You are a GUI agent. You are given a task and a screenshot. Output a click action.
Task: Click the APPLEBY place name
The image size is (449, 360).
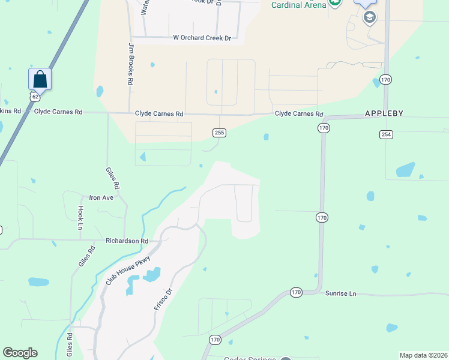point(384,113)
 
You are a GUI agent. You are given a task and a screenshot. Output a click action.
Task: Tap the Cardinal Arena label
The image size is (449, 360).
point(298,5)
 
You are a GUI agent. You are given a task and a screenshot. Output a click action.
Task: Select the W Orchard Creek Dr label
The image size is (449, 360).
point(202,38)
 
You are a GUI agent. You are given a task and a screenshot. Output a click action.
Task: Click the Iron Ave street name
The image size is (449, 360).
point(101,197)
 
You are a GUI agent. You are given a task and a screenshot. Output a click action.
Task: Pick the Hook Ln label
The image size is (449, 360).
point(80,218)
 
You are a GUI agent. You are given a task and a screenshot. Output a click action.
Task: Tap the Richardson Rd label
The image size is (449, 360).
point(127,241)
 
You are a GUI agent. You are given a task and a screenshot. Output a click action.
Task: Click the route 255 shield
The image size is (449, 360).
point(219,133)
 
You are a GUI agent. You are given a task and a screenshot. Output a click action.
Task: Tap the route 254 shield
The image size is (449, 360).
point(386,134)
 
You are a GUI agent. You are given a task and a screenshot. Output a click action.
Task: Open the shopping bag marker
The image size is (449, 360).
point(40,79)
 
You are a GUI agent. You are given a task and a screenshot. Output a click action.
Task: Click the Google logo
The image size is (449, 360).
point(20,353)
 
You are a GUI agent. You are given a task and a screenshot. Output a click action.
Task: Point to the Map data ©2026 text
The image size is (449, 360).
point(423,355)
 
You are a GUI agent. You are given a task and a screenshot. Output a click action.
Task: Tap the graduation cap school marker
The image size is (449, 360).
point(369,16)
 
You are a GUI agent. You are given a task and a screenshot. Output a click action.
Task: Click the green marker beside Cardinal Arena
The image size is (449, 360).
point(335,4)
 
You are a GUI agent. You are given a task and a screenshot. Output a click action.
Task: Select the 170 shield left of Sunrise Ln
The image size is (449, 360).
point(296,292)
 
